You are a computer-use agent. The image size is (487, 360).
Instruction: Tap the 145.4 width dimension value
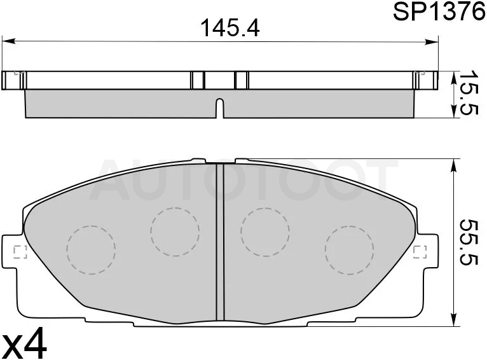[230, 28]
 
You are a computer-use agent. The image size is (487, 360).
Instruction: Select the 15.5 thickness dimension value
[467, 93]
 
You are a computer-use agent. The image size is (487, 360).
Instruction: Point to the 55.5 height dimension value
[467, 242]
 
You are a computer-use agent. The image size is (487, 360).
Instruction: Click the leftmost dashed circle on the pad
[91, 250]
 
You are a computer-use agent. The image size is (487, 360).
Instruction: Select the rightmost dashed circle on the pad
[350, 250]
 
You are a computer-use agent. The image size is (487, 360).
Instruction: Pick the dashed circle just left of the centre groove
[175, 232]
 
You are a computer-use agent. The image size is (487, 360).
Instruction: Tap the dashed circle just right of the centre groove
[265, 232]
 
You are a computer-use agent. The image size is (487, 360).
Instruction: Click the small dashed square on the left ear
[20, 252]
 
